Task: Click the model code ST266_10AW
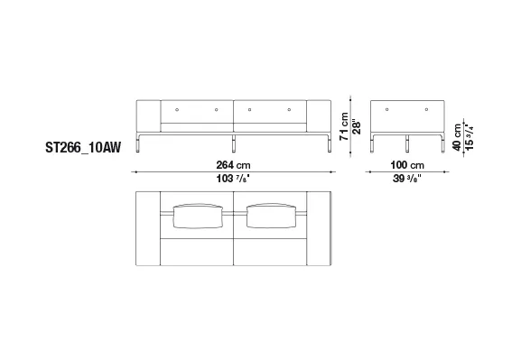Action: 83,147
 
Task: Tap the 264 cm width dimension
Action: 233,165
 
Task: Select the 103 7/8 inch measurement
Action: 233,179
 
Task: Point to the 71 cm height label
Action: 344,126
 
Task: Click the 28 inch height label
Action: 357,126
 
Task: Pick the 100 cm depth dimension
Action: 407,165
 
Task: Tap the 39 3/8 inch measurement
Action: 407,179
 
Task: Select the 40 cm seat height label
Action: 457,137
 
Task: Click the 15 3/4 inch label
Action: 469,137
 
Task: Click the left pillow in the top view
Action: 198,216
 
